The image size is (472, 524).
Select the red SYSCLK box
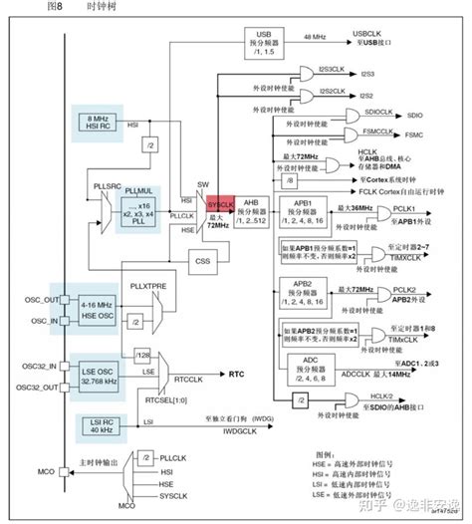221,203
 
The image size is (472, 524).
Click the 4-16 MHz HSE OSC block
96,308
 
